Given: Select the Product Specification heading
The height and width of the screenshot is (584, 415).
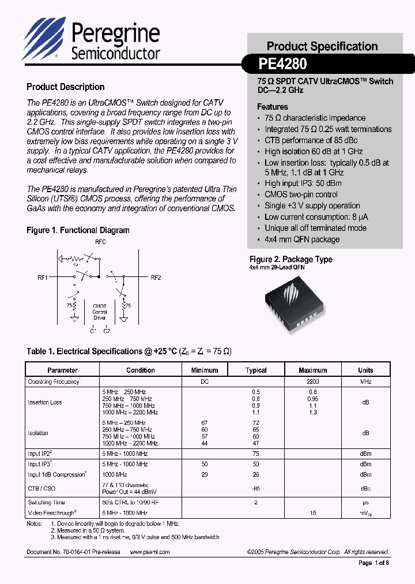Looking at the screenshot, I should (322, 46).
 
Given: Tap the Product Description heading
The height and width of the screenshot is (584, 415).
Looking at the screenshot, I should (65, 87).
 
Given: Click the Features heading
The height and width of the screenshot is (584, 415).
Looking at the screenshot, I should (272, 107).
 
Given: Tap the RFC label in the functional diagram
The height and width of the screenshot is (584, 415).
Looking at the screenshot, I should (100, 242).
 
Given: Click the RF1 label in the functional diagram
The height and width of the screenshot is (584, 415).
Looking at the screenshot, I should (43, 278).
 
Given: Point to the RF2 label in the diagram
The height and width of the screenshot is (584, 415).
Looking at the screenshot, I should (156, 278).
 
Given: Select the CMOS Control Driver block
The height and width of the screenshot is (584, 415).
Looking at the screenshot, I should (99, 312).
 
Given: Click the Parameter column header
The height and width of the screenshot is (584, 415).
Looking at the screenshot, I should (62, 370).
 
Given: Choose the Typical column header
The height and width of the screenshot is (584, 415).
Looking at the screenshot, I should (256, 370).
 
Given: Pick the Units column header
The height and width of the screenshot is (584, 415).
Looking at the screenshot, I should (365, 370).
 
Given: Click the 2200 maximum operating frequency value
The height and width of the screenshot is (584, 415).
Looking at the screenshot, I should (313, 382).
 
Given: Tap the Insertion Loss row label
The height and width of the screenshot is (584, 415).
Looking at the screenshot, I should (45, 402).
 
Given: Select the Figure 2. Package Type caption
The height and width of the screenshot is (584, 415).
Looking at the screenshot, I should (290, 260).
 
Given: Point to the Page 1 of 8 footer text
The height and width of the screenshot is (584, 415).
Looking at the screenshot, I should (373, 563).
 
